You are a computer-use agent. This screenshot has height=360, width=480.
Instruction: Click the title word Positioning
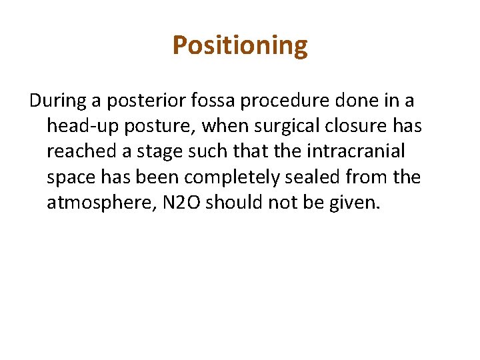pos(240,46)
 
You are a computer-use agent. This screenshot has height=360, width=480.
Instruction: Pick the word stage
pos(158,151)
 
